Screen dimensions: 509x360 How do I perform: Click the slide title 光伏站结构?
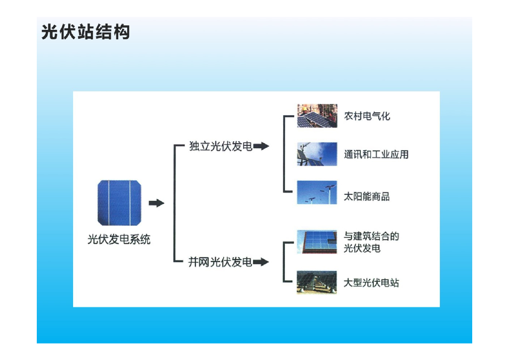pyautogui.click(x=85, y=32)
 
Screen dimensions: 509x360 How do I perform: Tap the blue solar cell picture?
pyautogui.click(x=119, y=203)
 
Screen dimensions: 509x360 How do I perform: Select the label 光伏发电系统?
pyautogui.click(x=119, y=240)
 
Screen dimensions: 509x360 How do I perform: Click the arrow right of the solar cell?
pyautogui.click(x=157, y=203)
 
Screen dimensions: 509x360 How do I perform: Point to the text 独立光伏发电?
pyautogui.click(x=221, y=146)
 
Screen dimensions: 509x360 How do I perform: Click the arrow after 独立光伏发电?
pyautogui.click(x=261, y=146)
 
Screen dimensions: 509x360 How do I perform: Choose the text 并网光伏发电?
pyautogui.click(x=220, y=262)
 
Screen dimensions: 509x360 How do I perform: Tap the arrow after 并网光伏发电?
pyautogui.click(x=260, y=262)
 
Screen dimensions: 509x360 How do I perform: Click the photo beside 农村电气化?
pyautogui.click(x=317, y=116)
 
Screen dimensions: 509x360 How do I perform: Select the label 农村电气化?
pyautogui.click(x=367, y=116)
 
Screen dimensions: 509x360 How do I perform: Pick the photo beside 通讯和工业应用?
pyautogui.click(x=317, y=154)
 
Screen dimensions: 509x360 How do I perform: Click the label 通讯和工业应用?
pyautogui.click(x=376, y=154)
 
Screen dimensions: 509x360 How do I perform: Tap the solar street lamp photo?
pyautogui.click(x=317, y=192)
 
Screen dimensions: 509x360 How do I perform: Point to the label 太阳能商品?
pyautogui.click(x=367, y=196)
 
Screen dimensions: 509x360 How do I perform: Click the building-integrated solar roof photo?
pyautogui.click(x=317, y=242)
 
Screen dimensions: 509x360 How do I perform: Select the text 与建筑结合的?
pyautogui.click(x=372, y=236)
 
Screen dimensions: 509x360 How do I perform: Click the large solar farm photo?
pyautogui.click(x=317, y=282)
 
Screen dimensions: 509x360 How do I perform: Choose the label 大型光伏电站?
pyautogui.click(x=371, y=282)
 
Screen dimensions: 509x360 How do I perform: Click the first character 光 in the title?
pyautogui.click(x=50, y=32)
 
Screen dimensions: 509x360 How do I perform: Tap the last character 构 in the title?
pyautogui.click(x=122, y=32)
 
